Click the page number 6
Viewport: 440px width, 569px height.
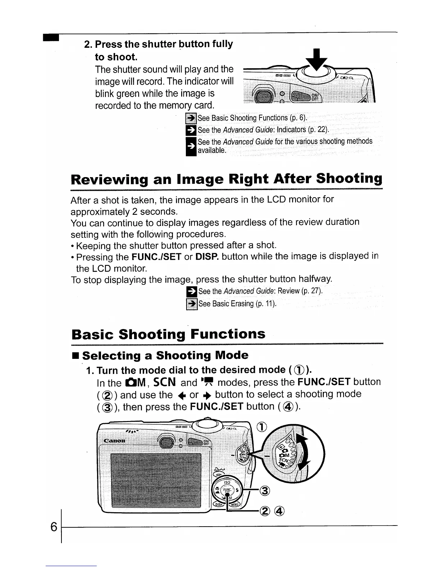click(54, 527)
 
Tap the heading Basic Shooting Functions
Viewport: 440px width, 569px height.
click(168, 334)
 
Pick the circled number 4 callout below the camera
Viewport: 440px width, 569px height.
click(280, 511)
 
